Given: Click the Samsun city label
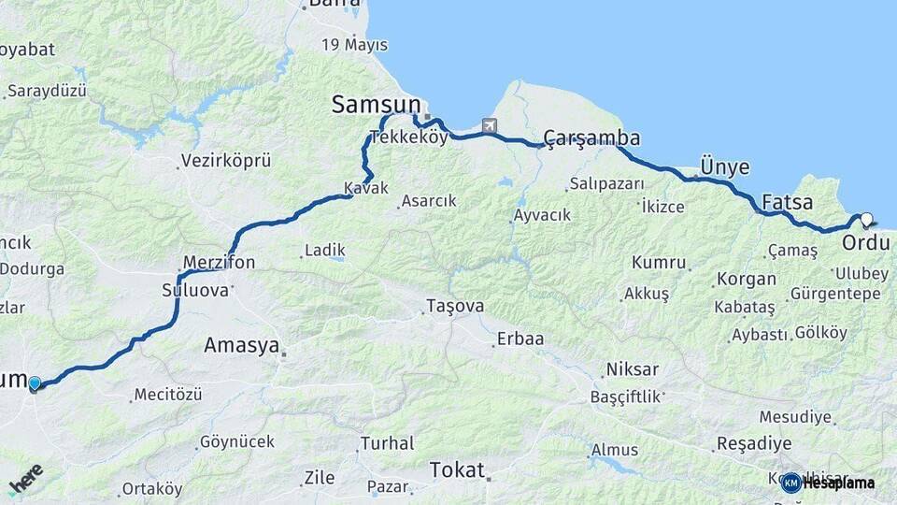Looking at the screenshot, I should (x=377, y=106).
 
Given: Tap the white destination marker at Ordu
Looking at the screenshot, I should (x=866, y=220).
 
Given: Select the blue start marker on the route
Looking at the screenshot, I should (x=35, y=382).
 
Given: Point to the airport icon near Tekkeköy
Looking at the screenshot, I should (x=490, y=125).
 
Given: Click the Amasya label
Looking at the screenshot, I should (x=241, y=346).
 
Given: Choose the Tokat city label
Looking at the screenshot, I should (x=457, y=469).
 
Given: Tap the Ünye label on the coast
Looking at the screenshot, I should (x=725, y=167).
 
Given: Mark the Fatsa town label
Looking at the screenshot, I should (x=787, y=202).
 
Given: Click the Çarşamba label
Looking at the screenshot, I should (x=591, y=139).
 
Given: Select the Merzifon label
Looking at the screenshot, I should (x=219, y=263).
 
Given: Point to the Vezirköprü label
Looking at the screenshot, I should (x=226, y=161).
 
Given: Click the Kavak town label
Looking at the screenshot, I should (x=365, y=188).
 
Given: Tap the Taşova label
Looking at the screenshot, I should (x=455, y=307).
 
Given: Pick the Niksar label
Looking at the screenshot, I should (x=632, y=368).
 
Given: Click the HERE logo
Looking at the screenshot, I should (x=26, y=478).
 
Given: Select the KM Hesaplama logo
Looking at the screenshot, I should (x=828, y=483).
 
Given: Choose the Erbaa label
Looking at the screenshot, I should (x=520, y=339).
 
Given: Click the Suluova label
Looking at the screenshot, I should (x=195, y=290).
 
